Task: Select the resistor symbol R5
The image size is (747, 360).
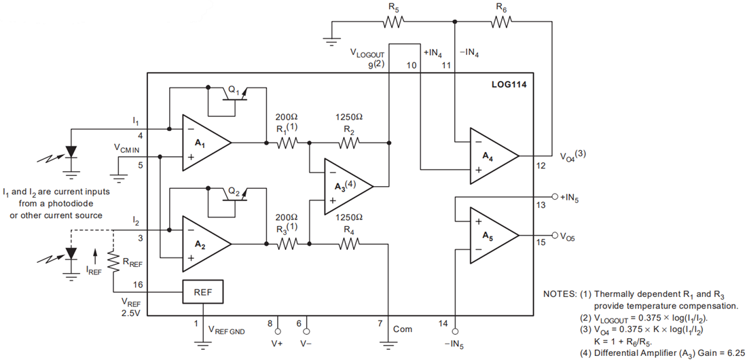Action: (x=395, y=22)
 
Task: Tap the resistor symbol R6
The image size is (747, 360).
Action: (x=500, y=22)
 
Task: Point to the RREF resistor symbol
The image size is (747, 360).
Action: (x=115, y=259)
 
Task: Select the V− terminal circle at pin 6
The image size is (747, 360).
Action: (x=306, y=332)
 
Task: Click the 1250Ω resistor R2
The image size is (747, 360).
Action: (x=348, y=143)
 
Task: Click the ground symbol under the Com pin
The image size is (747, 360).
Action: (x=388, y=343)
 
